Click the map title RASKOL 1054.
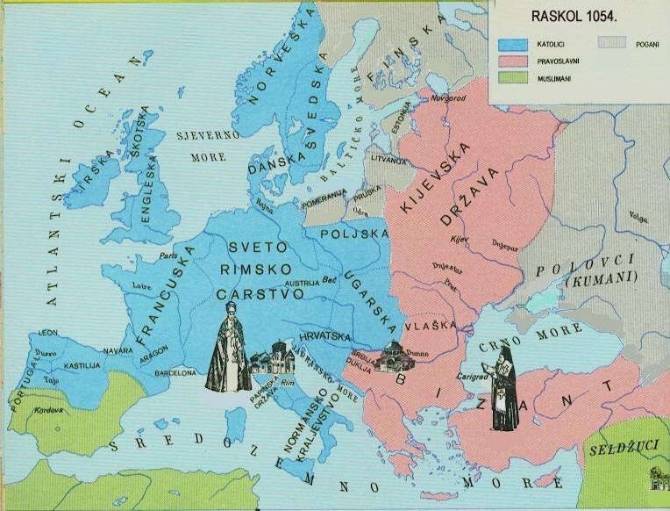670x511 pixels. point(573,17)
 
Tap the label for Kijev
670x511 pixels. point(459,238)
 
